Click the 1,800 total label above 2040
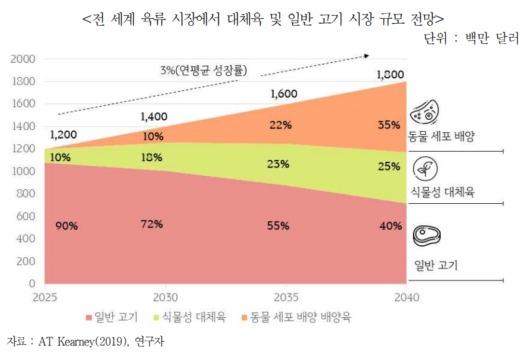click(389, 75)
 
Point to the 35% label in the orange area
click(389, 124)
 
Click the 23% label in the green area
click(277, 164)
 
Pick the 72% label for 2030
click(152, 224)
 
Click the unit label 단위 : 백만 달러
click(471, 38)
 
